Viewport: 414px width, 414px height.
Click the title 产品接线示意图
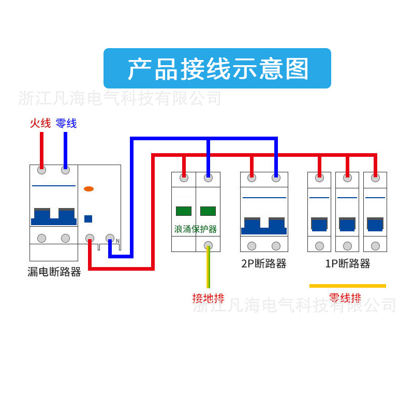(x=217, y=69)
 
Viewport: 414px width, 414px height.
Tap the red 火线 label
(x=40, y=123)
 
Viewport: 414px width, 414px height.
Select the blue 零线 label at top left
(x=66, y=123)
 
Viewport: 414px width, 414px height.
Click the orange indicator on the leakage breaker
(x=88, y=189)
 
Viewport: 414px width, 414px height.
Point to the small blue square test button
(x=88, y=218)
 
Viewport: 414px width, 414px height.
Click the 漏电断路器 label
(x=54, y=272)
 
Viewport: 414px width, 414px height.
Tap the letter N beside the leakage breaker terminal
(x=117, y=241)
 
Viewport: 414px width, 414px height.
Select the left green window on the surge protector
(x=184, y=211)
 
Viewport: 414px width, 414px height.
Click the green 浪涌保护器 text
(x=196, y=229)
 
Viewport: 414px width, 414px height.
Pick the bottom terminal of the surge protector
(x=209, y=245)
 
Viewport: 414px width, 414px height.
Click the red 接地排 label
(x=208, y=298)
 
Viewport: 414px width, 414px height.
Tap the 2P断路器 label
(x=264, y=263)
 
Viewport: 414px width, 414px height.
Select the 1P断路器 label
(x=348, y=263)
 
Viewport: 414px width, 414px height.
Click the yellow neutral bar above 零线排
(x=348, y=286)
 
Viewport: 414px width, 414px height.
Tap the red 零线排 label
(x=345, y=298)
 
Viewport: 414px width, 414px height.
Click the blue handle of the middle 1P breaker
(x=347, y=224)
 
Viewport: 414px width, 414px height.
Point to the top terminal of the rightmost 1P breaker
(x=375, y=178)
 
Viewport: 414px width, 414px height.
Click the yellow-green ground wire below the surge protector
(x=209, y=269)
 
